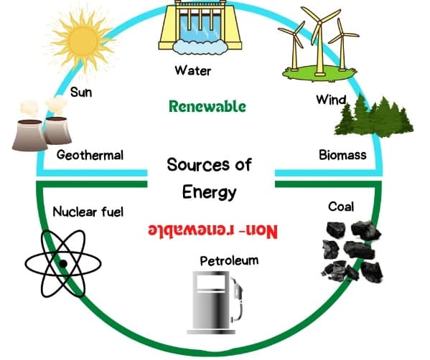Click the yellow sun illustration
coord(83,42)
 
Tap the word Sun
coord(81,92)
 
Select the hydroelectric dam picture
coord(200,27)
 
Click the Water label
coord(193,70)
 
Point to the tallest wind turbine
coord(319,41)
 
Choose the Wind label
coord(331,100)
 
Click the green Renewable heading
coord(207,107)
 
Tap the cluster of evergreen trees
coord(374,116)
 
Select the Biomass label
coord(342,155)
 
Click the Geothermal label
coord(90,155)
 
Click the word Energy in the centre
coord(209,192)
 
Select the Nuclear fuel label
coord(88,212)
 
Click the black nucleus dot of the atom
coord(63,264)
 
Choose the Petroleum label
coord(229,260)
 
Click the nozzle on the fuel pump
coord(238,288)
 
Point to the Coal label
coord(341,207)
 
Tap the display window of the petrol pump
coord(211,282)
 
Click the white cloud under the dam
coord(200,47)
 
